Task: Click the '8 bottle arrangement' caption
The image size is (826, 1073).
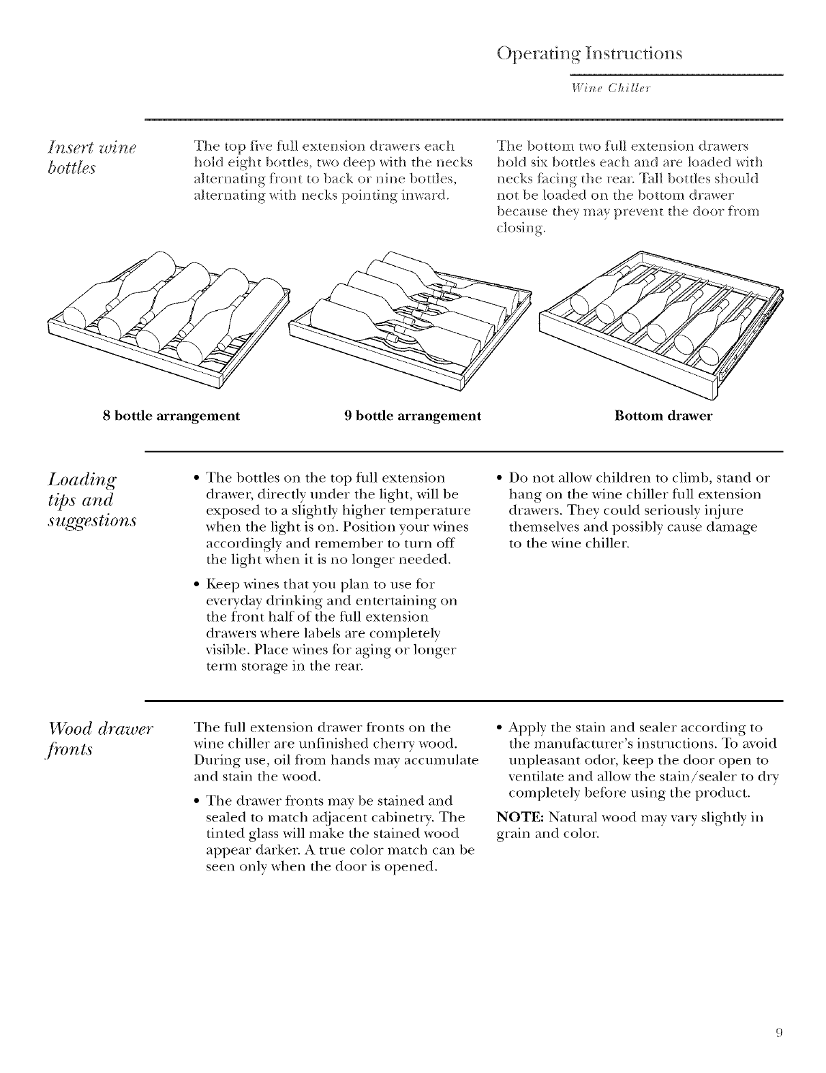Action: pos(170,416)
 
